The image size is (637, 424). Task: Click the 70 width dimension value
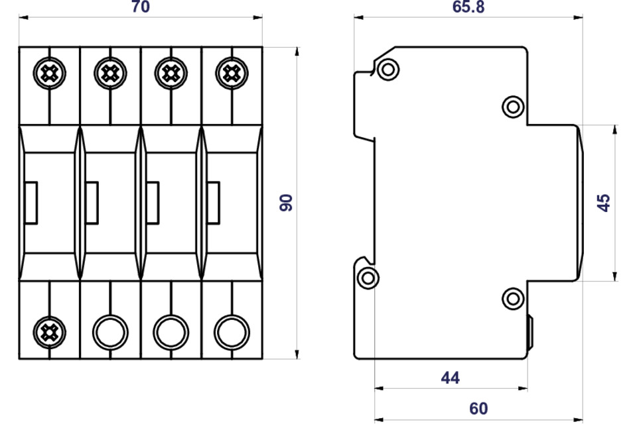[x=141, y=7]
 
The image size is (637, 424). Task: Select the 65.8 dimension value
[x=468, y=7]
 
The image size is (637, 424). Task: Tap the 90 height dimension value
[x=287, y=203]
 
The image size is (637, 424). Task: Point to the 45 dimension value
[x=604, y=203]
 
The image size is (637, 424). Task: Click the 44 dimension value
[x=451, y=378]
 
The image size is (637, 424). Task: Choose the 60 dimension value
[x=478, y=409]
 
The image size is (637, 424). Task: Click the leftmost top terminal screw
[x=49, y=74]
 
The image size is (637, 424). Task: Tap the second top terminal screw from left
[x=110, y=74]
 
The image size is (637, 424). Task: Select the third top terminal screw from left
[x=171, y=74]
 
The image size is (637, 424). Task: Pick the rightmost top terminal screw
[x=232, y=74]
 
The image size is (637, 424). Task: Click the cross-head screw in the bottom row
[x=49, y=333]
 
